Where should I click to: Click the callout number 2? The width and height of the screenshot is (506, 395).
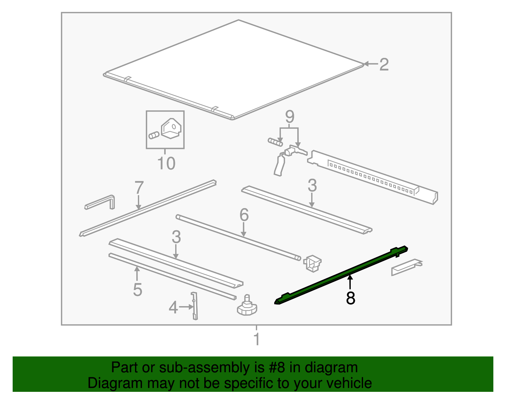coord(384,65)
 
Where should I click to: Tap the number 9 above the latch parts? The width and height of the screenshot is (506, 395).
coord(289,117)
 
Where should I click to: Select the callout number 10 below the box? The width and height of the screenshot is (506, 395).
coord(166,164)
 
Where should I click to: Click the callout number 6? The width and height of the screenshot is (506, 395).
coord(244,215)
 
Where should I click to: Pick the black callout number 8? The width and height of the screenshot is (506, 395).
coord(350,298)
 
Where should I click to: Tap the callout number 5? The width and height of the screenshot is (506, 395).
coord(137,290)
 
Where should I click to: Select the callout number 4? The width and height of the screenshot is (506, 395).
coord(173,307)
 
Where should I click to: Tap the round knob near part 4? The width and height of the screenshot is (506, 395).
coord(247,307)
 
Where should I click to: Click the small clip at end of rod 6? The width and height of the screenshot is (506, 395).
coord(312,263)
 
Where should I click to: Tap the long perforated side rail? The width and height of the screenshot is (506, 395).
coord(373,177)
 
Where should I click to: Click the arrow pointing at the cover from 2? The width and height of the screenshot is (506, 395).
coord(370,64)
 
